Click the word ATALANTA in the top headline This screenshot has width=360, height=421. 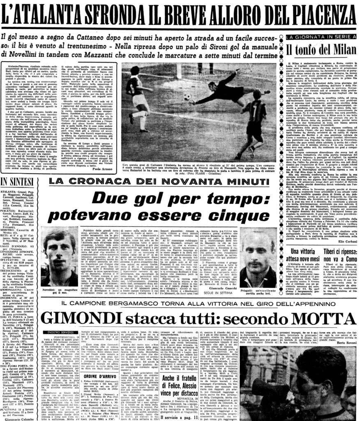tap(62, 16)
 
